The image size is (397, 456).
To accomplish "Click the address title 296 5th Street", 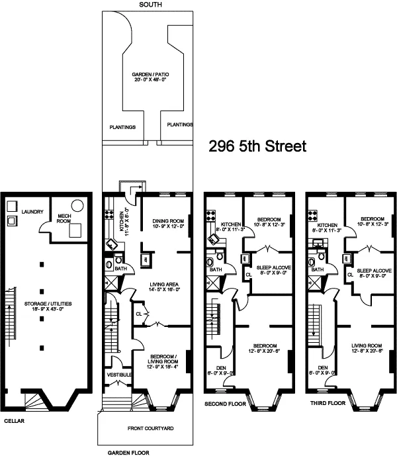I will tap(257, 146).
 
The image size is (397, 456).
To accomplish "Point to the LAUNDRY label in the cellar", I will tap(31, 212).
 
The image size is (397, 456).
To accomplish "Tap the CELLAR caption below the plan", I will tap(15, 421).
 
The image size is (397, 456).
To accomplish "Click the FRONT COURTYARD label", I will tap(150, 429).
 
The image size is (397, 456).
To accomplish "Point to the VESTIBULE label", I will tap(120, 375).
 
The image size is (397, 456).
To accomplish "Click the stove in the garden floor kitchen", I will tap(108, 214).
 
